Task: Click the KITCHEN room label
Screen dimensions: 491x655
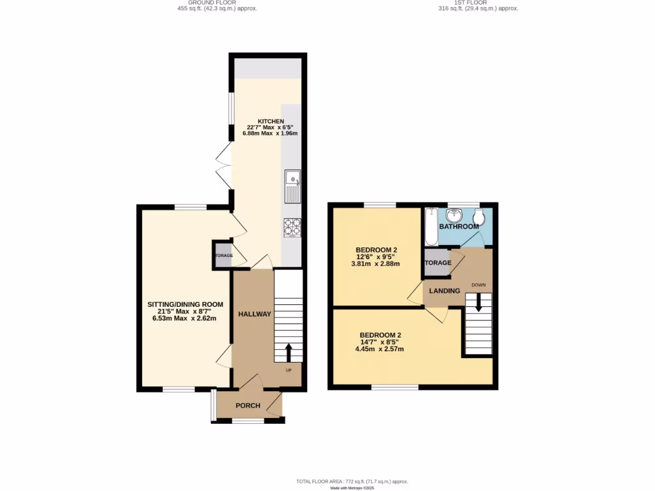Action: coord(271,121)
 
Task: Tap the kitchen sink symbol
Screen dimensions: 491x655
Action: coord(293,186)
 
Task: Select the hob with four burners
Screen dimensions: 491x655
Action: coord(292,226)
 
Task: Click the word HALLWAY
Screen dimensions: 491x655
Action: coord(255,314)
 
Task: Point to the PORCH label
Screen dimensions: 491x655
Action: coord(248,405)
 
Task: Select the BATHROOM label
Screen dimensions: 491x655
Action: coord(459,226)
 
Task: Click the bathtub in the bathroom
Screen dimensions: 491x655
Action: coord(430,226)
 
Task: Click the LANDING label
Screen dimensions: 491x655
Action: coord(445,291)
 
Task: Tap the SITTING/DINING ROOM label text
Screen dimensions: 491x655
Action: coord(185,304)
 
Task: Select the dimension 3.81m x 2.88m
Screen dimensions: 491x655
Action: coord(375,263)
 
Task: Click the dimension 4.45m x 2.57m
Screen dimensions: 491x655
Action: coord(380,349)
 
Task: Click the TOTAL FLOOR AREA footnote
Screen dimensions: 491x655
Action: coord(352,481)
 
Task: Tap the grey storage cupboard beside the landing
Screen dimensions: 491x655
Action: coord(437,263)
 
